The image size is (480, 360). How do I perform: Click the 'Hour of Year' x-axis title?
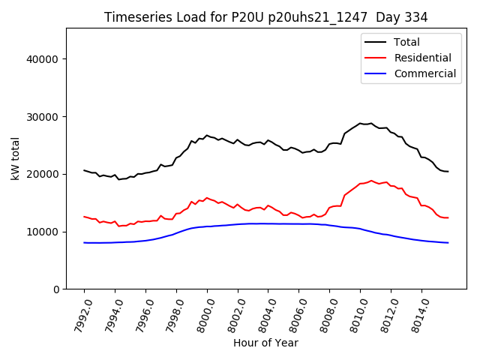click(265, 343)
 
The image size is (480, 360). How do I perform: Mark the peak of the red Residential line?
click(371, 181)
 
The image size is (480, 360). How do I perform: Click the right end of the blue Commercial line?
click(448, 243)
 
